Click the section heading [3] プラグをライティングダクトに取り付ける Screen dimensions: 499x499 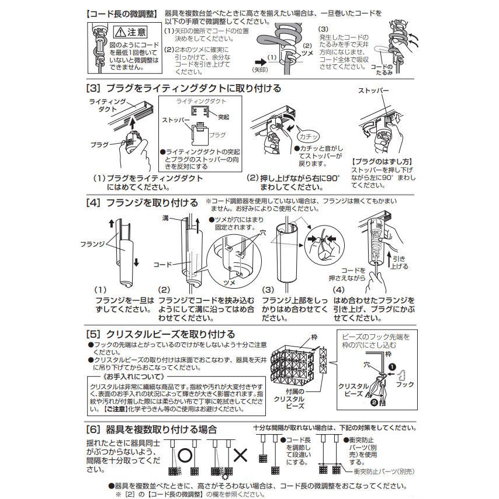[x=183, y=88]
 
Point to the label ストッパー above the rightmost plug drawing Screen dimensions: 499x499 [x=372, y=92]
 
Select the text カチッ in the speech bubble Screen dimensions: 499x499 [x=308, y=136]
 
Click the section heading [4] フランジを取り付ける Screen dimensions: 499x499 [x=142, y=203]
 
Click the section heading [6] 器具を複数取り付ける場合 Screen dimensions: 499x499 [x=155, y=429]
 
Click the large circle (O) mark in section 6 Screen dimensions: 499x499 [x=185, y=454]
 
